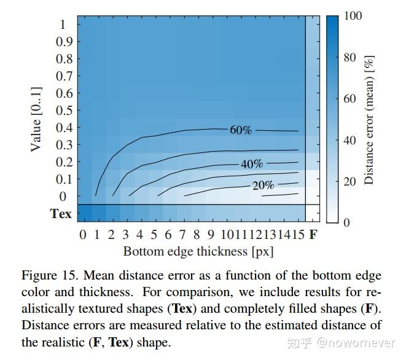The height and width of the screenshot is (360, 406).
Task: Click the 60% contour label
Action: click(x=241, y=130)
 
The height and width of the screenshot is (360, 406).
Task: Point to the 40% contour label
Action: click(x=252, y=164)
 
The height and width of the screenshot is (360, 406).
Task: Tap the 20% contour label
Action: click(x=263, y=186)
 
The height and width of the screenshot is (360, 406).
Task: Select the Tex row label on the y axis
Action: click(x=61, y=214)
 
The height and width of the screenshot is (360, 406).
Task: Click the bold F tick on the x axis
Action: click(x=313, y=235)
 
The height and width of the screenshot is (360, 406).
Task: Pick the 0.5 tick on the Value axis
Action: click(x=64, y=111)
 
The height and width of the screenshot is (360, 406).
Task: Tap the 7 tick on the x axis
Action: click(x=182, y=235)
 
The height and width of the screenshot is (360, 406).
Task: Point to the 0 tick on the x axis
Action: click(x=82, y=235)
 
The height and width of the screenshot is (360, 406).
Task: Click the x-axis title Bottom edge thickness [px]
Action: click(x=198, y=251)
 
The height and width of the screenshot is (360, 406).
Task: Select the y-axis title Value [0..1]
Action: click(x=36, y=119)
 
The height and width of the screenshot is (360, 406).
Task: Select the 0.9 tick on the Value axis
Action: click(x=64, y=42)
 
